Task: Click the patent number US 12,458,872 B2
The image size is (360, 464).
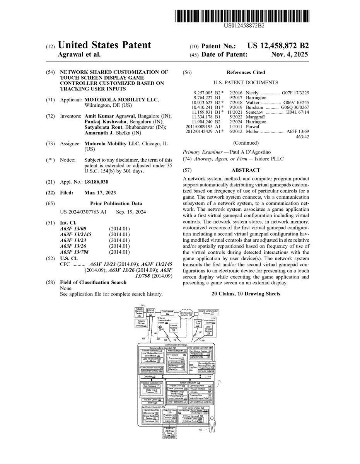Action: pyautogui.click(x=279, y=46)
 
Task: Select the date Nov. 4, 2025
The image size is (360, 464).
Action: pyautogui.click(x=290, y=55)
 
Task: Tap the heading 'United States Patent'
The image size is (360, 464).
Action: pyautogui.click(x=104, y=45)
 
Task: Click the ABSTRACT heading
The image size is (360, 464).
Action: pyautogui.click(x=246, y=170)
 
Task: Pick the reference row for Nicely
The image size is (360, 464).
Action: pyautogui.click(x=246, y=93)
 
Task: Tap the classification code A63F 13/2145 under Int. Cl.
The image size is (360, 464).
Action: pyautogui.click(x=76, y=234)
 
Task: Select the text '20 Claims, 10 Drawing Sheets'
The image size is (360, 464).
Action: pyautogui.click(x=246, y=294)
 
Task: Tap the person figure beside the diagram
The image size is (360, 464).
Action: pyautogui.click(x=212, y=421)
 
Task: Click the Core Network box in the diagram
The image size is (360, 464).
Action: pyautogui.click(x=167, y=312)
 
